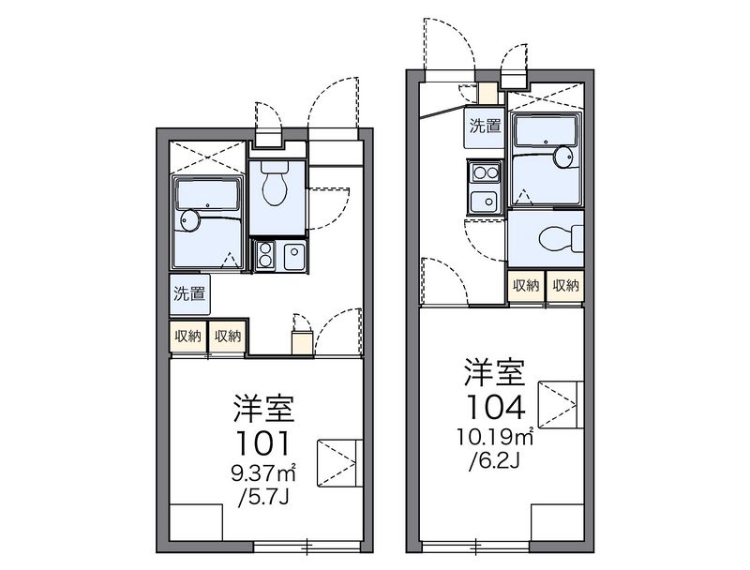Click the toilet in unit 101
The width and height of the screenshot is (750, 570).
(x=275, y=183)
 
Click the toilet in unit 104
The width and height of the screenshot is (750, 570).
(x=561, y=237)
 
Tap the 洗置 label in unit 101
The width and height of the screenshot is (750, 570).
(x=189, y=293)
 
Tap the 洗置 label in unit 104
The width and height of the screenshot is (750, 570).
(x=485, y=126)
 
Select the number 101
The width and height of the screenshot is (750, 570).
(x=263, y=442)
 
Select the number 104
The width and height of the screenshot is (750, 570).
(x=496, y=408)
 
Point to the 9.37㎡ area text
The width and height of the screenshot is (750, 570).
(x=264, y=473)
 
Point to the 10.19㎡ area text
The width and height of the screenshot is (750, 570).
(x=495, y=437)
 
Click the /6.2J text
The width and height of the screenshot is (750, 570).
(x=495, y=460)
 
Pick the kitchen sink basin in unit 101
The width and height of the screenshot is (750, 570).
(x=294, y=257)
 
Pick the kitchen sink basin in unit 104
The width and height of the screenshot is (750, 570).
(x=485, y=202)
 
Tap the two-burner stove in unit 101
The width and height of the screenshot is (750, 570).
(x=264, y=257)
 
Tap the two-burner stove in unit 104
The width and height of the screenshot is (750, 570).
(x=485, y=172)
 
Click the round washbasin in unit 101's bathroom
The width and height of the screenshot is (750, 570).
(x=190, y=220)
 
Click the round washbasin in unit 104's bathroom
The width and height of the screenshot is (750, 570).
(x=564, y=157)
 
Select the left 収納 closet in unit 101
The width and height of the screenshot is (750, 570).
(x=188, y=337)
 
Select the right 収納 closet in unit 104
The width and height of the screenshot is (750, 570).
(x=566, y=286)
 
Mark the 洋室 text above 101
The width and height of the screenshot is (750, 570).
(x=263, y=408)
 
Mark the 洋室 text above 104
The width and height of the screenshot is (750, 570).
(x=496, y=371)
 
